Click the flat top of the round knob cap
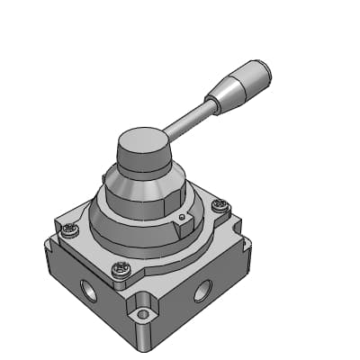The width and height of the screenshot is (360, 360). tap(142, 142)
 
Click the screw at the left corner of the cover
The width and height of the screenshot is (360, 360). tap(69, 231)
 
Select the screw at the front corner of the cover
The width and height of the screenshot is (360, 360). tap(121, 268)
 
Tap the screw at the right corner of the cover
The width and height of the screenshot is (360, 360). tap(219, 206)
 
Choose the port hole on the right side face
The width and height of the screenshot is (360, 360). tap(204, 290)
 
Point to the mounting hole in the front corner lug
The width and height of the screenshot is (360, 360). tap(139, 316)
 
